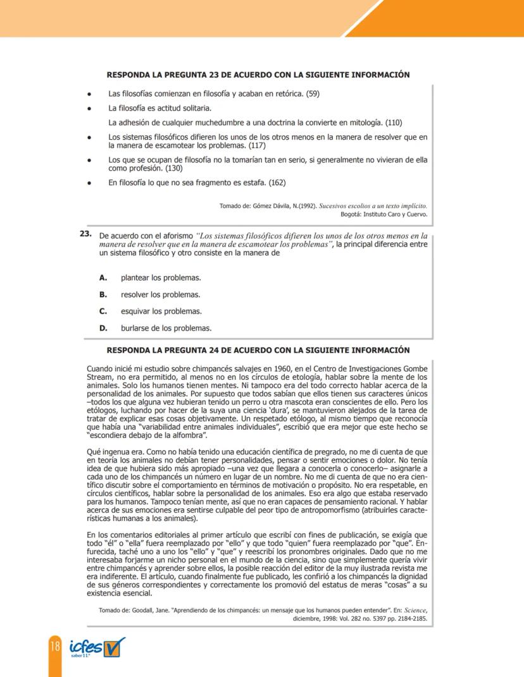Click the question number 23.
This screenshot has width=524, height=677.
point(85,234)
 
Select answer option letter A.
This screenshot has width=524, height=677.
point(103,278)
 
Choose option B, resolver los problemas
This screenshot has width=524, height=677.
point(160,295)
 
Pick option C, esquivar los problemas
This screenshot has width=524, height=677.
point(161,311)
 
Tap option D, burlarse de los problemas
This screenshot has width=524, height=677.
point(166,328)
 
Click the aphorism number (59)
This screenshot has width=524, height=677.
point(313,94)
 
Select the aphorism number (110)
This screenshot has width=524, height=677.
point(394,122)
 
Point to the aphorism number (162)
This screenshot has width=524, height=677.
point(277,183)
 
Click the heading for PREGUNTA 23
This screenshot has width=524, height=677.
point(258,75)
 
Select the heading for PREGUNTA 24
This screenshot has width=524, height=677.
point(258,350)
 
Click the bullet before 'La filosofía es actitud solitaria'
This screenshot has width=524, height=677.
point(90,108)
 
